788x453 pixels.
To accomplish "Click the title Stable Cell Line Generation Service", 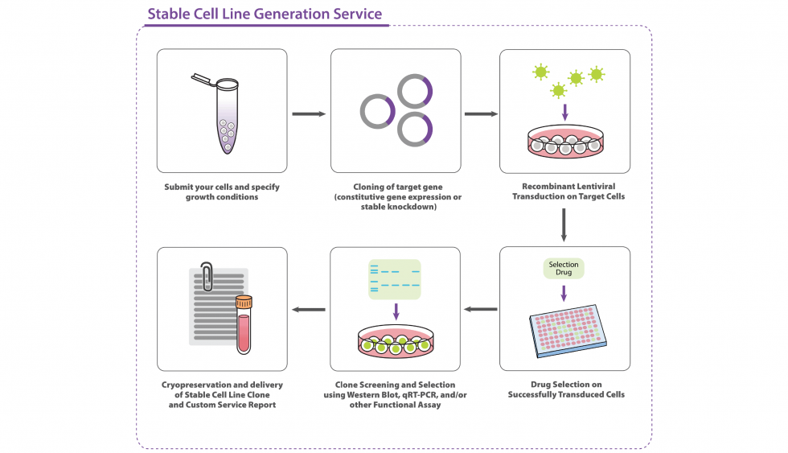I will tap(265, 14).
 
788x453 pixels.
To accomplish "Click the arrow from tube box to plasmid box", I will tap(308, 113).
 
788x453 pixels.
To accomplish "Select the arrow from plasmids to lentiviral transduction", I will tap(481, 113).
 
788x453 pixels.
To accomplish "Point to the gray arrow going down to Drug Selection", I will tap(564, 225).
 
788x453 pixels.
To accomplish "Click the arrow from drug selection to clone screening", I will tap(481, 309).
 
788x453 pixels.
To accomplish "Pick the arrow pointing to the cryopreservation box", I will tap(308, 309).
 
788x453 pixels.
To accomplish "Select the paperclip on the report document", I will tap(207, 275).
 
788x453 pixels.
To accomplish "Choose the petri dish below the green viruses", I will tap(564, 143).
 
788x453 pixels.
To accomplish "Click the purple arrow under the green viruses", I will tap(564, 111).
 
